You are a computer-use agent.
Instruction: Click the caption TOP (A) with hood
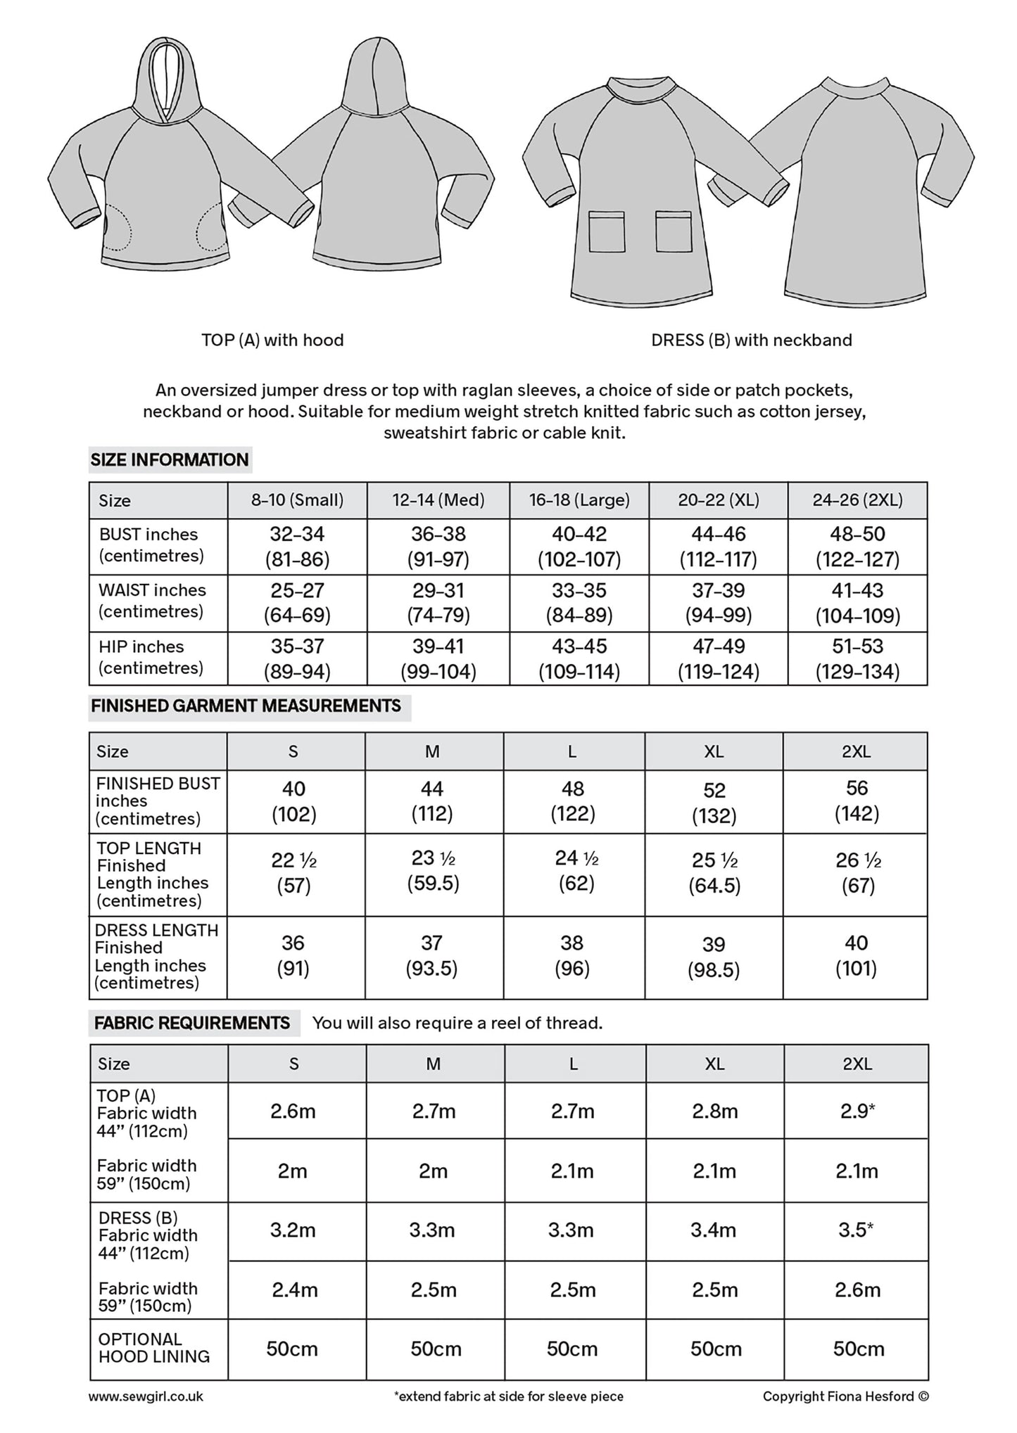pos(272,340)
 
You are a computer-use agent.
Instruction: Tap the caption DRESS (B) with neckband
pos(751,340)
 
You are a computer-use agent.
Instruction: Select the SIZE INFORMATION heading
pos(170,460)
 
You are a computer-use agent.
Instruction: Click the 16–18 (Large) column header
pos(579,500)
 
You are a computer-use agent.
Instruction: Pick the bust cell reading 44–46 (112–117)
pos(718,547)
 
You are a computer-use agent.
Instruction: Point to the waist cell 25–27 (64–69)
pos(297,603)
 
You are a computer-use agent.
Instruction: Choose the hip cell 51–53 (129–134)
pos(857,659)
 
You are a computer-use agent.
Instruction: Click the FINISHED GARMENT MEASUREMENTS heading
pos(246,706)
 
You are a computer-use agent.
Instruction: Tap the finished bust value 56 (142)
pos(857,801)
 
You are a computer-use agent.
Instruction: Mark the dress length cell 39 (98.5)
pos(714,957)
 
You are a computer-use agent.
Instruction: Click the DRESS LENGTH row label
pos(156,957)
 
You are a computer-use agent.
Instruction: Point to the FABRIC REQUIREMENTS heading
pos(191,1023)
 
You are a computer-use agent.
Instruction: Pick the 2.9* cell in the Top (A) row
pos(857,1112)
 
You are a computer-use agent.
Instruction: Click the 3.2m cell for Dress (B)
pos(293,1230)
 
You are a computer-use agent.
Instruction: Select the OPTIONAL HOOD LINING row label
pos(153,1348)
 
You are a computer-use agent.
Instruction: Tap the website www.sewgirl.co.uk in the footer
pos(146,1396)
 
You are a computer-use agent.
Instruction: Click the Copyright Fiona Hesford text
pos(845,1396)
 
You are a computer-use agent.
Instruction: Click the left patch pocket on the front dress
pos(606,231)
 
